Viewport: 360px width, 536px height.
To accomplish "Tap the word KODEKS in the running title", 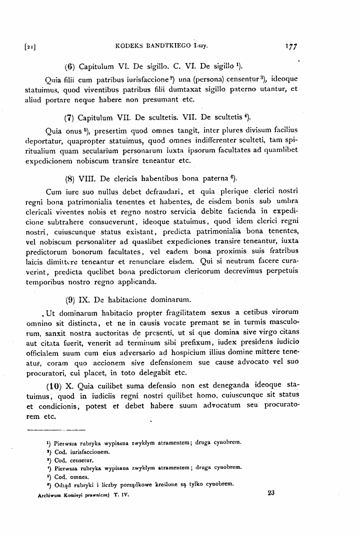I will pos(129,47).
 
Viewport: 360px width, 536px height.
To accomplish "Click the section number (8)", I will pos(70,178).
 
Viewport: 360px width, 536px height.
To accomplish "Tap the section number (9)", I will pos(70,300).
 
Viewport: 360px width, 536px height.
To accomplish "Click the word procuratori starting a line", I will pos(46,372).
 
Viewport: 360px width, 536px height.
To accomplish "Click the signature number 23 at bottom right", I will pos(271,492).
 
